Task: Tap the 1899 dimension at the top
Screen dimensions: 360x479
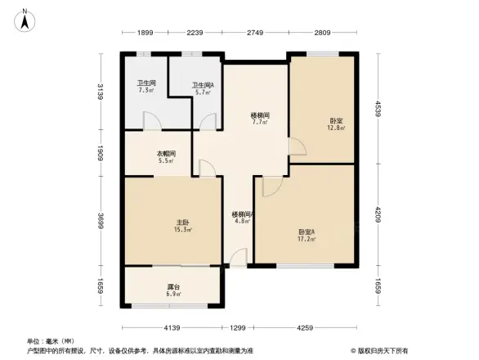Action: [145, 34]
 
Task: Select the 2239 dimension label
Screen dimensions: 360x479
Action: [195, 34]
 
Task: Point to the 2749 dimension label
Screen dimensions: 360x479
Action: [255, 34]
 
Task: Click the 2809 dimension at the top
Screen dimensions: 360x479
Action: [321, 34]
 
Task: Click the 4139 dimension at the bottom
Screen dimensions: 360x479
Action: [171, 329]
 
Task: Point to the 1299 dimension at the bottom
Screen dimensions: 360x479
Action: [237, 329]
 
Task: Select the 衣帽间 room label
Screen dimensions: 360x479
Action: [166, 153]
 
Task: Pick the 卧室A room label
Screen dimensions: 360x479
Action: [307, 232]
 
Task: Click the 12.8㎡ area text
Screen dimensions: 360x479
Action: [336, 128]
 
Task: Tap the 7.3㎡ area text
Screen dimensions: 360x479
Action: [146, 91]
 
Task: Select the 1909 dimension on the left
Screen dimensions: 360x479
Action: [101, 154]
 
